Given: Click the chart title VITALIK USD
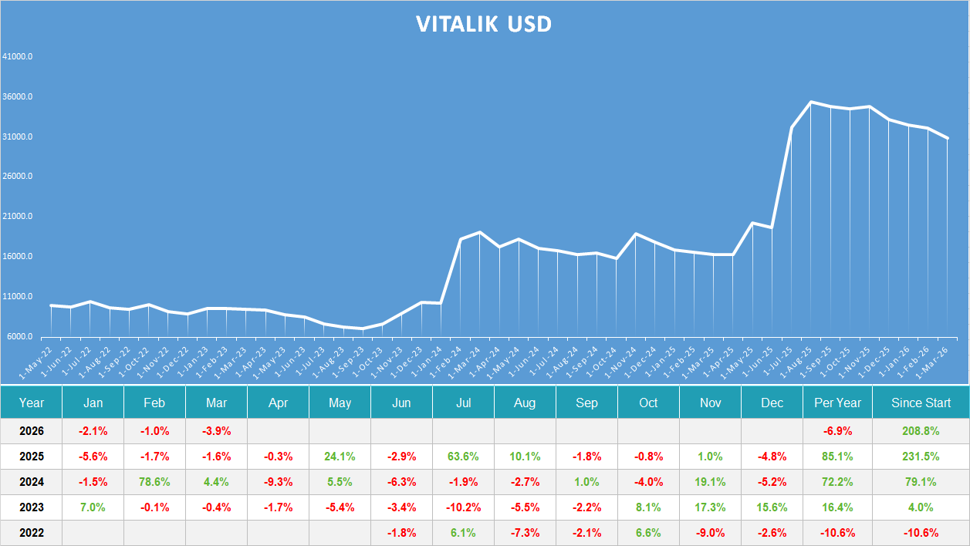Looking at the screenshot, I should (x=484, y=24).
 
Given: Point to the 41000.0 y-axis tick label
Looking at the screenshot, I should (x=17, y=57).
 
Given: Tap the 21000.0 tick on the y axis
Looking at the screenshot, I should (x=17, y=217).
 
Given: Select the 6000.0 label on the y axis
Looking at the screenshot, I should (x=19, y=337).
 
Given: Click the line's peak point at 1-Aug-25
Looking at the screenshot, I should (x=810, y=102).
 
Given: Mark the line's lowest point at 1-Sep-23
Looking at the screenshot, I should (x=363, y=329).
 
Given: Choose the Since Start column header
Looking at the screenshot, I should (x=921, y=403).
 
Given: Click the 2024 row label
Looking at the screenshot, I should (x=31, y=482).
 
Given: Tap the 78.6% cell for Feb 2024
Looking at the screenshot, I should (x=154, y=482).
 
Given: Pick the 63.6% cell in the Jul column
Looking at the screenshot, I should (x=463, y=456).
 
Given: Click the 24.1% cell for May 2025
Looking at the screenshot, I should (x=340, y=456).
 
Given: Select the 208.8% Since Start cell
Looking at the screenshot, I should (x=921, y=430).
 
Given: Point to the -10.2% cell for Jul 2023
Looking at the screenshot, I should (x=463, y=507).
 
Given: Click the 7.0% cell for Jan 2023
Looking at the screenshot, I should (x=93, y=507).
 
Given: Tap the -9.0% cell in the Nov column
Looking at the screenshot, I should (x=710, y=533).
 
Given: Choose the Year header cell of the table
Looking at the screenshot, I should (x=31, y=403).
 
